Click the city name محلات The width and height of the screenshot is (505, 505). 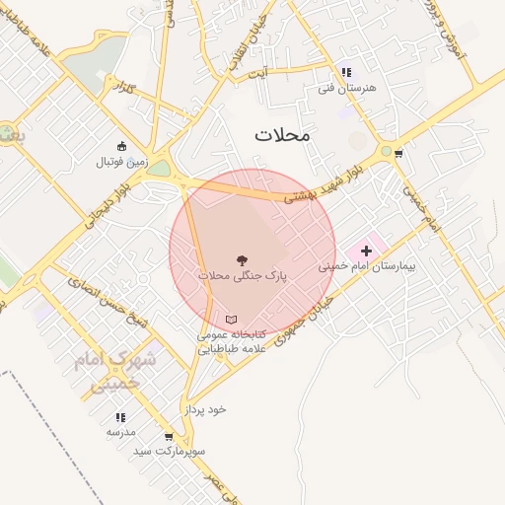coord(281,135)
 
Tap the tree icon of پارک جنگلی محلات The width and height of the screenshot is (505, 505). coord(242,260)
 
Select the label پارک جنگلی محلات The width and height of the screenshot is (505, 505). coord(242,276)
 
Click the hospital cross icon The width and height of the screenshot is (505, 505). coord(367,252)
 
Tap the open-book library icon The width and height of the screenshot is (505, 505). coord(232,320)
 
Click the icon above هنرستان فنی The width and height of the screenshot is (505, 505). coord(345,71)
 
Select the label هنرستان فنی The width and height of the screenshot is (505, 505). coord(362,87)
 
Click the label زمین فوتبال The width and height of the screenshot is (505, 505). coord(121,162)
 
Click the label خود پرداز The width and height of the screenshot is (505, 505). coord(205,407)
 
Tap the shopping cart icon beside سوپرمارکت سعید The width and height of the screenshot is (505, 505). coord(169,437)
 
